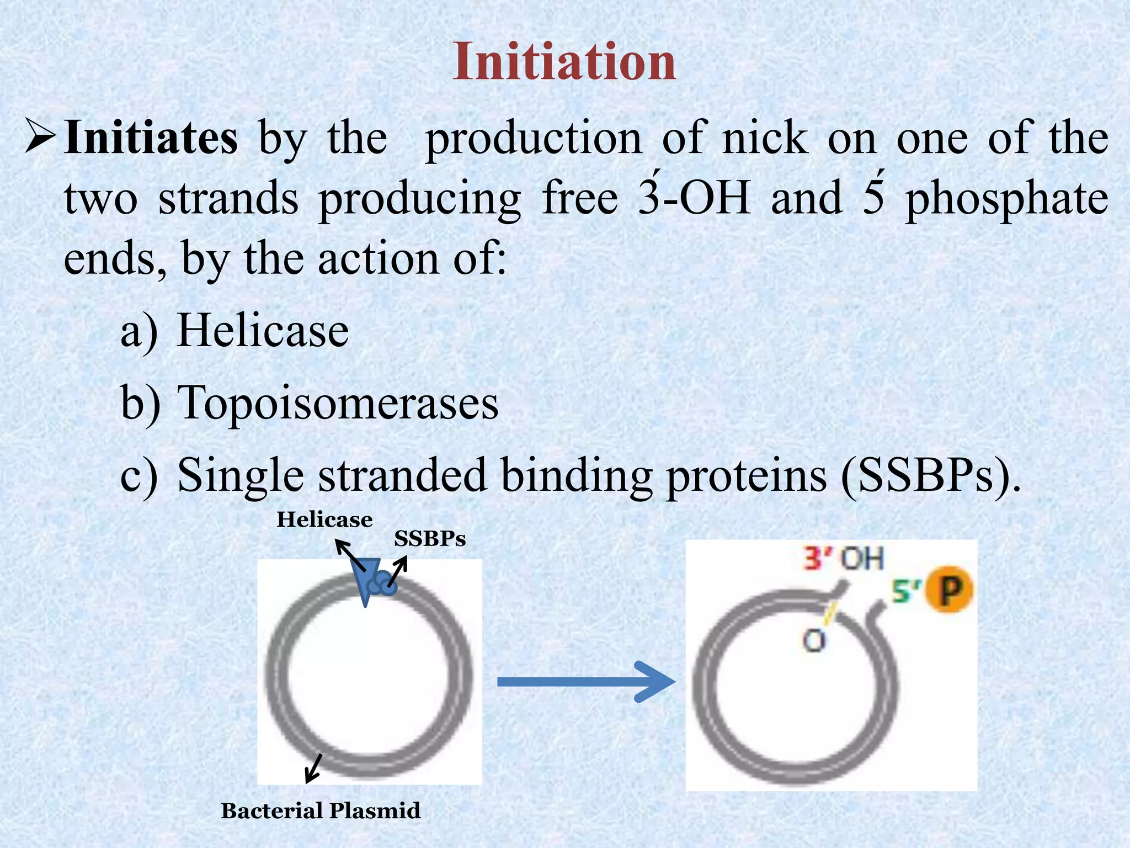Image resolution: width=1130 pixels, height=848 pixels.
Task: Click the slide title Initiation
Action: point(564,62)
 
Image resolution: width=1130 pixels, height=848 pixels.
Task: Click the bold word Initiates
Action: point(151,138)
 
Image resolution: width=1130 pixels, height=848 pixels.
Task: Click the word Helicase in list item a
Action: point(263,331)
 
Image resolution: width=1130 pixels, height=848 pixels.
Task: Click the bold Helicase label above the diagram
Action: point(324,520)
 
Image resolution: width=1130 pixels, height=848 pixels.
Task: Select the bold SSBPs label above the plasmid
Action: point(430,539)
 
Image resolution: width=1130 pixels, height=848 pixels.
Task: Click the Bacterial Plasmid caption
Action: point(321,811)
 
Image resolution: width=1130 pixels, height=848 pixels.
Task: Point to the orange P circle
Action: point(949,591)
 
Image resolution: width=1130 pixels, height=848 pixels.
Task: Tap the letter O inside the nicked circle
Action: point(813,642)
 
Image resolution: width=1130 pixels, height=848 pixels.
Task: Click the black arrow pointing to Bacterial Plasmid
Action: point(313,768)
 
